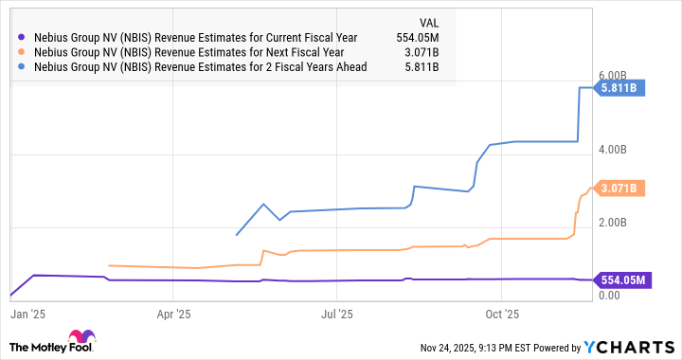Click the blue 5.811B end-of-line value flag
tap(619, 88)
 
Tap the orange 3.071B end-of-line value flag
tap(619, 189)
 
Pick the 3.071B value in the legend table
tap(423, 52)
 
